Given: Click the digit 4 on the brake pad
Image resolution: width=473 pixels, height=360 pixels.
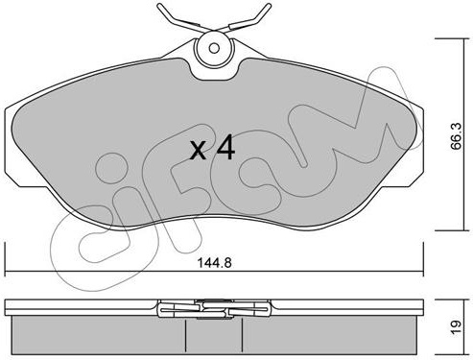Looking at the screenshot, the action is tap(225, 147).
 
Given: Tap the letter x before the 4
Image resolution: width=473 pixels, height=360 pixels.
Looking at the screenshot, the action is tap(199, 151).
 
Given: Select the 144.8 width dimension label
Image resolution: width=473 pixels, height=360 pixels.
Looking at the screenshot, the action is tap(214, 263).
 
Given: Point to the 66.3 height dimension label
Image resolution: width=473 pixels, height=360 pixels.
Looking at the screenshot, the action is tap(455, 135).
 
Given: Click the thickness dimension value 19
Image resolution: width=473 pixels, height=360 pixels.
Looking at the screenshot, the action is tap(456, 326).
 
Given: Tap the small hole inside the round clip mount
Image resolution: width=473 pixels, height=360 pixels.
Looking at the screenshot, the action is tap(214, 48).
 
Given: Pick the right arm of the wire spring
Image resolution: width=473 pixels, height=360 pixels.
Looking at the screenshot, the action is tap(249, 18).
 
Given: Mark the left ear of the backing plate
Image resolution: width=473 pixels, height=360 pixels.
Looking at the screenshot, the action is tap(12, 147).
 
